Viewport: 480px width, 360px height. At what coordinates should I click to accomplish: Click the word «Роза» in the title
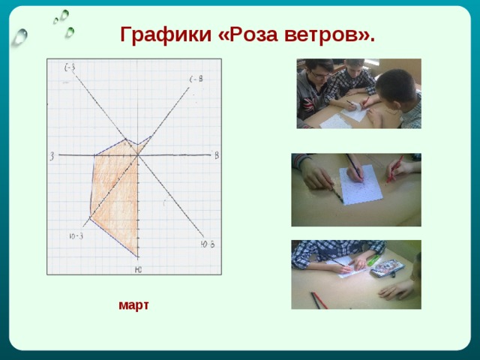pos(254,35)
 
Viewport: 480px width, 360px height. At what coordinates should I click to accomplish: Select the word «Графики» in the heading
pos(166,35)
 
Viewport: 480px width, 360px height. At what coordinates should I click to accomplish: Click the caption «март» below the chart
pos(133,304)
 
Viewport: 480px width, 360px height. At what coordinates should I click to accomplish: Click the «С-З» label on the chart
pos(70,67)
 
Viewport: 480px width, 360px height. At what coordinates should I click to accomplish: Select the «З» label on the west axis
pos(52,156)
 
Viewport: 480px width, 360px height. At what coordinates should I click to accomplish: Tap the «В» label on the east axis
pos(216,155)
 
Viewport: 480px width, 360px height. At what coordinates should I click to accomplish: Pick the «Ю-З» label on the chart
pos(76,237)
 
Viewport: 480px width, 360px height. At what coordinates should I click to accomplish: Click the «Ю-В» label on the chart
pos(208,244)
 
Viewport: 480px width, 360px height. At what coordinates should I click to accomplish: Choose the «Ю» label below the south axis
pos(138,269)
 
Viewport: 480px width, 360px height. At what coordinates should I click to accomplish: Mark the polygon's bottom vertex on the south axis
pos(138,255)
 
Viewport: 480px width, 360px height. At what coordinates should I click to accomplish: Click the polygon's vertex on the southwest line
pos(90,216)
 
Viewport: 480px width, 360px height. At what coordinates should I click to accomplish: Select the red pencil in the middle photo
pos(394,169)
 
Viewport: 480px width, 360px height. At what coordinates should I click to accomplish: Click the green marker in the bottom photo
pos(373,259)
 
